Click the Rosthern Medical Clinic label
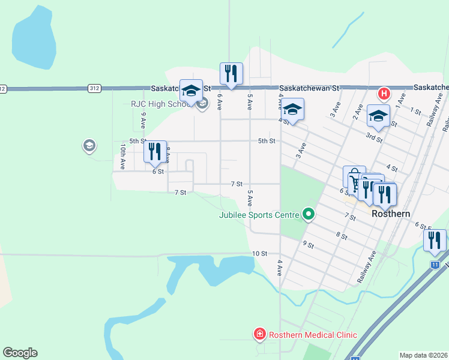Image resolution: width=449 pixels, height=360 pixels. (313, 335)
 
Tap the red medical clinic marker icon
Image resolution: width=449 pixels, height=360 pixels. (260, 333)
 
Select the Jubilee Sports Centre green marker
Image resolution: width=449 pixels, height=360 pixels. (309, 214)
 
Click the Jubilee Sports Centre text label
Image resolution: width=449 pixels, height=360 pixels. (259, 214)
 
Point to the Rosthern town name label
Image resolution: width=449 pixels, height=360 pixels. (391, 214)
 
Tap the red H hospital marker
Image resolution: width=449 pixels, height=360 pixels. (384, 94)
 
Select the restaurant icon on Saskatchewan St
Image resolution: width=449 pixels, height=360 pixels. (231, 74)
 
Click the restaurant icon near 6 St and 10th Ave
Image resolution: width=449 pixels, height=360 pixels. (155, 152)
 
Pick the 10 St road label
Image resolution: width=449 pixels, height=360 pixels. (259, 253)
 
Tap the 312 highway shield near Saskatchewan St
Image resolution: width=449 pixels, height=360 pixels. (94, 88)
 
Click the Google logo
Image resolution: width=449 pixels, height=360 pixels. (20, 353)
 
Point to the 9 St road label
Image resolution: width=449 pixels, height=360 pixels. (309, 244)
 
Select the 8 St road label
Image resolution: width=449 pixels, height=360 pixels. (342, 236)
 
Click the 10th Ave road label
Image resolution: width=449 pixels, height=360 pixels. (122, 154)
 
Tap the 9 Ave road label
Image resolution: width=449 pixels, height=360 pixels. (143, 121)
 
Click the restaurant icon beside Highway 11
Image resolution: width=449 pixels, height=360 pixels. (434, 241)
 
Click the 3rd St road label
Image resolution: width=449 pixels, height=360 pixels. (375, 138)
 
